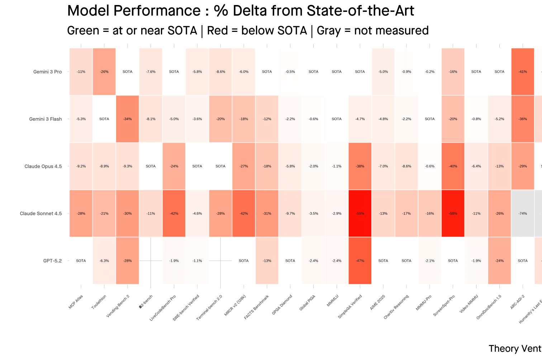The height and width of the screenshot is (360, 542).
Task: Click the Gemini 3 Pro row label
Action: coord(47,72)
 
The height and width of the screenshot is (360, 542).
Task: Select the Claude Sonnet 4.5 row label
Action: coord(41,214)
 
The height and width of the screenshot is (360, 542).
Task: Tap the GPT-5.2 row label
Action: coord(52,261)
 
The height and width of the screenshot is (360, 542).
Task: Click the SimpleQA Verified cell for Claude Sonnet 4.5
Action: coord(360,214)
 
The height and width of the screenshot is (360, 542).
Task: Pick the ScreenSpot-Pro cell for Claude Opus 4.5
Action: coord(453,166)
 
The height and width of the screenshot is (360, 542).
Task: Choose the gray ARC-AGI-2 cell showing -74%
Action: coord(523,214)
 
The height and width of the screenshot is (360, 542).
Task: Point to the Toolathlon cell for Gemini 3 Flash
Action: coord(104,119)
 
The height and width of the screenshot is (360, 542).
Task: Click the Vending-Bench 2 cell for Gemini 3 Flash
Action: coord(128,119)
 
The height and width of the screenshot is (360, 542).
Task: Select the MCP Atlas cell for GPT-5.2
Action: coord(81,261)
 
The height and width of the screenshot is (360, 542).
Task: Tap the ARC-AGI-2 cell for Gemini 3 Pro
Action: coord(523,72)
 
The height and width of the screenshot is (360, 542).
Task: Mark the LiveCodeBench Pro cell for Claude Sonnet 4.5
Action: coord(174,214)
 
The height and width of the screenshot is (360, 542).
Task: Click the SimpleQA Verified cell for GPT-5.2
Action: coord(360,261)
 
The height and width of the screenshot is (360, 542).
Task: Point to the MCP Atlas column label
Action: coord(76,302)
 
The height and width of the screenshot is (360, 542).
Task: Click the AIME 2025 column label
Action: coord(377,303)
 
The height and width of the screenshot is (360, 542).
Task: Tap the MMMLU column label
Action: coord(333,301)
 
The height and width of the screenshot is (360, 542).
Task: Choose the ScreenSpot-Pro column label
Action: coord(444,305)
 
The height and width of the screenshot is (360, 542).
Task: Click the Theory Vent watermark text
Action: coord(515,349)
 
